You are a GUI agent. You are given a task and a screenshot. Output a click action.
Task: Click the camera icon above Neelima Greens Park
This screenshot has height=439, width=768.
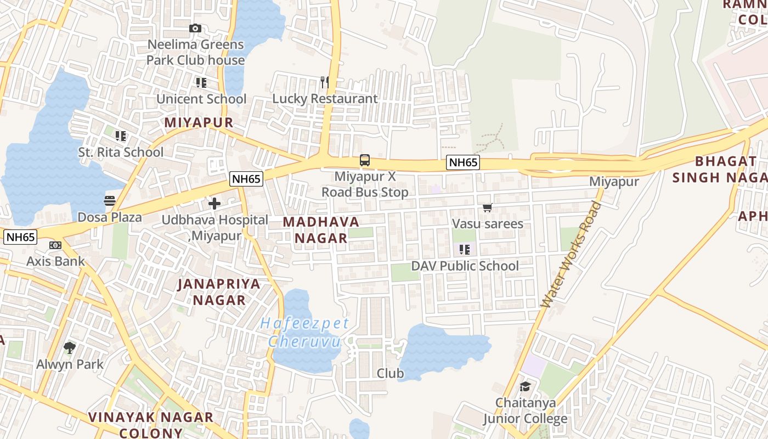point(195,28)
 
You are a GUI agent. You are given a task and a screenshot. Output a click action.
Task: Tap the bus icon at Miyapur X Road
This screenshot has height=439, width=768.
point(365,160)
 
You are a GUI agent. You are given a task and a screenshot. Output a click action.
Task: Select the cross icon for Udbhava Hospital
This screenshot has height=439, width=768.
point(214,204)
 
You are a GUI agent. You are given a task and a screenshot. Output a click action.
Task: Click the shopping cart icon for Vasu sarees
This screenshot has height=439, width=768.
point(487,208)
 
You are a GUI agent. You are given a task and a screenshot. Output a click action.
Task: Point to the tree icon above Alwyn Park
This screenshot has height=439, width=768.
point(69,347)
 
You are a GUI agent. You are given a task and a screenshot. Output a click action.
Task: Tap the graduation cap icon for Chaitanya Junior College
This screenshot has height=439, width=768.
point(525,386)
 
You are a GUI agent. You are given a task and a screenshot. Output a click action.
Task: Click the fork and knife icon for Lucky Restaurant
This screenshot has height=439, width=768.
point(325,82)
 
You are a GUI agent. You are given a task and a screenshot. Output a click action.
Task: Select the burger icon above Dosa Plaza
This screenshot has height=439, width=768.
point(110,201)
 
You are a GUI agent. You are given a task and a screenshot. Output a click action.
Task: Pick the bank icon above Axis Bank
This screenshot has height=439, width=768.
point(55,245)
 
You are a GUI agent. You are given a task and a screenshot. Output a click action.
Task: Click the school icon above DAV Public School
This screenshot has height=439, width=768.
point(465,250)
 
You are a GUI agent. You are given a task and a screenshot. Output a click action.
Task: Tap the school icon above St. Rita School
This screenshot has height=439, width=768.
point(121,136)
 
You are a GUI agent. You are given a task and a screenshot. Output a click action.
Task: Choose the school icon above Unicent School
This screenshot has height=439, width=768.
point(201,83)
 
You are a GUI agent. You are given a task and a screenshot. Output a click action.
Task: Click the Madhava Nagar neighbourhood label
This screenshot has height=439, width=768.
point(321,230)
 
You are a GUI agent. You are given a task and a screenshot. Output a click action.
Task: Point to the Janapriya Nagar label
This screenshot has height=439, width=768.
point(219,292)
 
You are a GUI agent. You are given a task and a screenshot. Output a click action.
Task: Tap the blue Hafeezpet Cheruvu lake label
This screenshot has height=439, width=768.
point(304,333)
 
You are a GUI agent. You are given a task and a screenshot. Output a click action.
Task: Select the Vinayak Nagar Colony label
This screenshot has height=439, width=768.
point(151,425)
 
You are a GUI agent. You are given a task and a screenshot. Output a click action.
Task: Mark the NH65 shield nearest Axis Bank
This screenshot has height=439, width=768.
point(21,237)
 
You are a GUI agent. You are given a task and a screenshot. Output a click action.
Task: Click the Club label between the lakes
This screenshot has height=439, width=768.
point(390,374)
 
